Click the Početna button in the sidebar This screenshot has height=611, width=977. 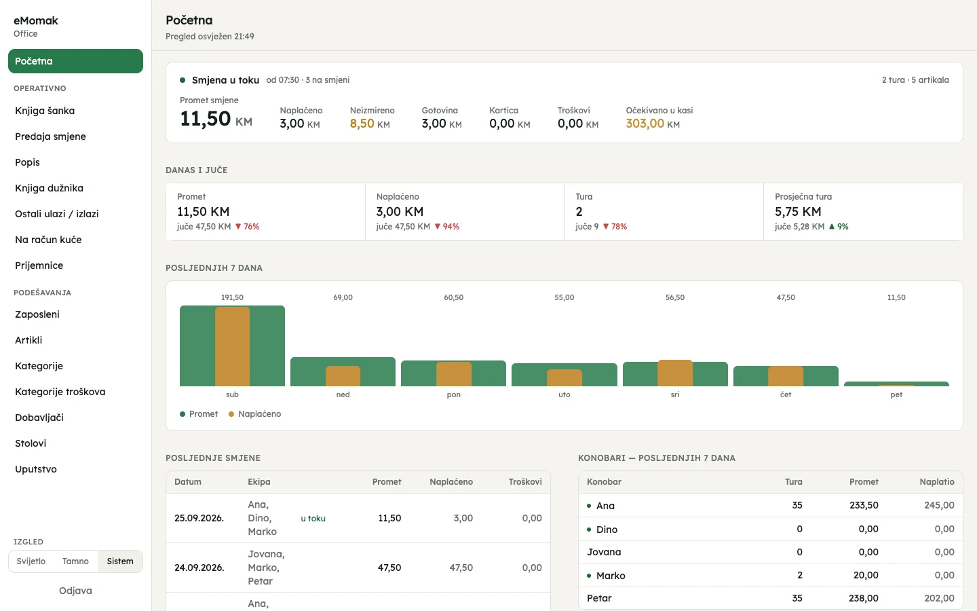tap(75, 61)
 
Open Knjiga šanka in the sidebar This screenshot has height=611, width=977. tap(45, 111)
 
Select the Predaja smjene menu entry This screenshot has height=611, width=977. tap(50, 136)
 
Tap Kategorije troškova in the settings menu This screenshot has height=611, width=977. tap(60, 392)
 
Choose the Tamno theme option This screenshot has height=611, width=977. tap(75, 561)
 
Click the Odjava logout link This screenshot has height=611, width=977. tap(75, 591)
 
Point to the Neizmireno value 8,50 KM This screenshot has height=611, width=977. tap(370, 124)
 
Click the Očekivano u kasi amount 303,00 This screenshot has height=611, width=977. tap(645, 124)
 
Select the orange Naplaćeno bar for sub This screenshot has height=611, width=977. tap(233, 346)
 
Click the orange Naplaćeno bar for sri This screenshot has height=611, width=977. tap(675, 373)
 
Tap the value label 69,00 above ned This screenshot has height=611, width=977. tap(343, 297)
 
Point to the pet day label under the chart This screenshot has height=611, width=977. tap(896, 394)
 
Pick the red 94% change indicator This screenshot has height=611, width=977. tap(447, 227)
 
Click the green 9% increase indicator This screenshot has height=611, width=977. tap(839, 227)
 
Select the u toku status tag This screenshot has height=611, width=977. tap(313, 519)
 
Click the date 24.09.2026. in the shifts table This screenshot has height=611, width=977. tap(199, 568)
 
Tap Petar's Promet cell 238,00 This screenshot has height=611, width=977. tap(864, 598)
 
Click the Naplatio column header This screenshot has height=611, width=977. tap(937, 482)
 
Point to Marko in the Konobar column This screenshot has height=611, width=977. tap(611, 576)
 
